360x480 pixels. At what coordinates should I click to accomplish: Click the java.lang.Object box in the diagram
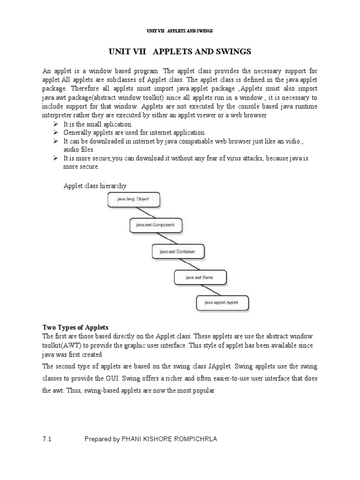coord(133,199)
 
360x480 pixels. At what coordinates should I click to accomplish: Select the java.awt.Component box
coord(155,225)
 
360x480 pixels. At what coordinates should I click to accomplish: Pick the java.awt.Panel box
coord(200,277)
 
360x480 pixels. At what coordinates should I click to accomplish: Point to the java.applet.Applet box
coord(222,303)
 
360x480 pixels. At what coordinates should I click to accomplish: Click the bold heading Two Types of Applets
coord(75,327)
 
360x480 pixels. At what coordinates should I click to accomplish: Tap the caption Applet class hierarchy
coord(95,186)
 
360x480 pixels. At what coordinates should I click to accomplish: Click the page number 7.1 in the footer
coord(46,439)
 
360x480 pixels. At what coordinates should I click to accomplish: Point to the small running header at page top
coord(180,31)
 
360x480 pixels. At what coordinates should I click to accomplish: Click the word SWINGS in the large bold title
coord(234,51)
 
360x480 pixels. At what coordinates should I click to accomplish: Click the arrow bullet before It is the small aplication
coord(55,124)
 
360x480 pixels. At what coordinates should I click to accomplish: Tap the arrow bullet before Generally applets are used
coord(55,133)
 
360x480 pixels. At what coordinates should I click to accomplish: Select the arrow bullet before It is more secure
coord(55,158)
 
